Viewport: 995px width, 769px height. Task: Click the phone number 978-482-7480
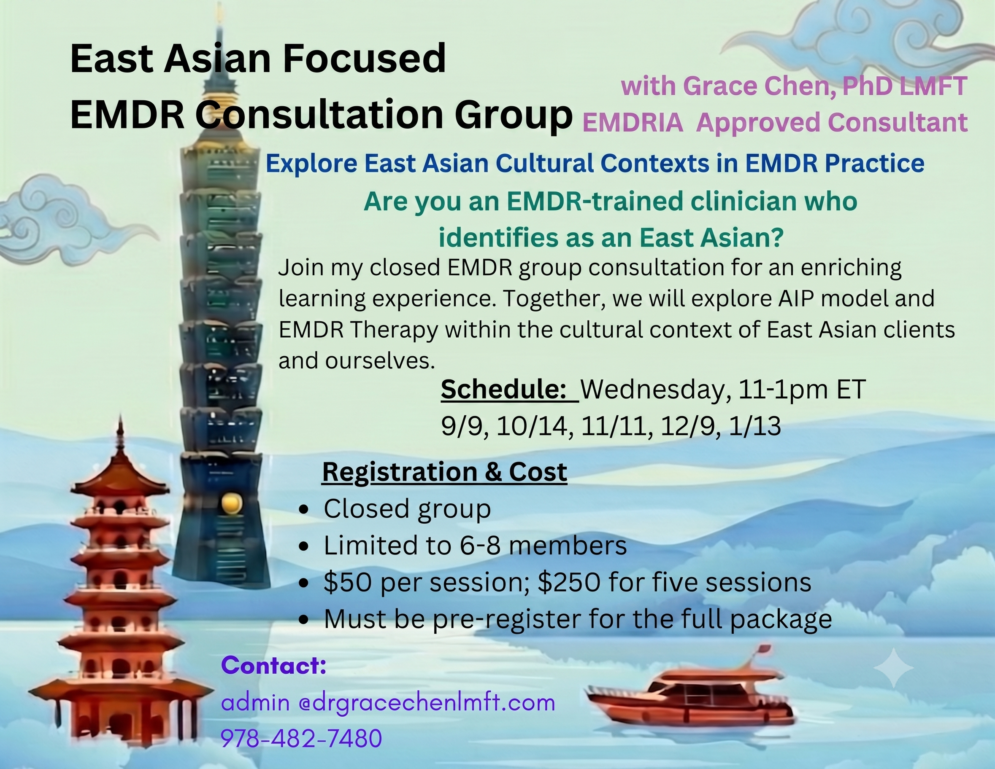pyautogui.click(x=301, y=738)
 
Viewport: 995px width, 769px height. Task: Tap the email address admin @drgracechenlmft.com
pyautogui.click(x=388, y=702)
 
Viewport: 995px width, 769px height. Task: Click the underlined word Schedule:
pyautogui.click(x=503, y=390)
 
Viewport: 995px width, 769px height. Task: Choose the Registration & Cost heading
pyautogui.click(x=445, y=472)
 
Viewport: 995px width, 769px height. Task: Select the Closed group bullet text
pyautogui.click(x=407, y=509)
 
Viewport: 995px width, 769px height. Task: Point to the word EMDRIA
pyautogui.click(x=633, y=123)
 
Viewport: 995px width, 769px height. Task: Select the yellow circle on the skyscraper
pyautogui.click(x=230, y=503)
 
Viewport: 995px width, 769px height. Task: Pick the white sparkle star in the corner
pyautogui.click(x=894, y=667)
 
